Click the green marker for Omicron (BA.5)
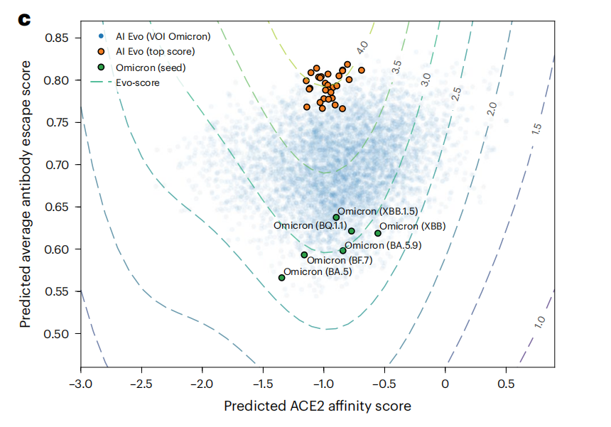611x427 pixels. tap(281, 278)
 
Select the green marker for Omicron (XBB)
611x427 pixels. tap(378, 233)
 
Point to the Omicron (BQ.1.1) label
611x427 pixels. tap(310, 226)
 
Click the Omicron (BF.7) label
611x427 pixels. tap(339, 261)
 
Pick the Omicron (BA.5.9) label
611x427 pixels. tap(384, 246)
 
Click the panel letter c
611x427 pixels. tap(24, 19)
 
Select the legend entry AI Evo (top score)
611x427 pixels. tap(145, 52)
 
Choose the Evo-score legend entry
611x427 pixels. tap(137, 82)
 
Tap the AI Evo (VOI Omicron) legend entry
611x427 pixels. tap(153, 36)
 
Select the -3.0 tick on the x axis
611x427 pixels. tap(80, 384)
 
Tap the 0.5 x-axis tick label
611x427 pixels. tap(505, 384)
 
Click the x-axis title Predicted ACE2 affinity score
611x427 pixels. tap(317, 406)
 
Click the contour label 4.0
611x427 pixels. tap(362, 48)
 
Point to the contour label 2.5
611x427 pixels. tap(457, 92)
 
